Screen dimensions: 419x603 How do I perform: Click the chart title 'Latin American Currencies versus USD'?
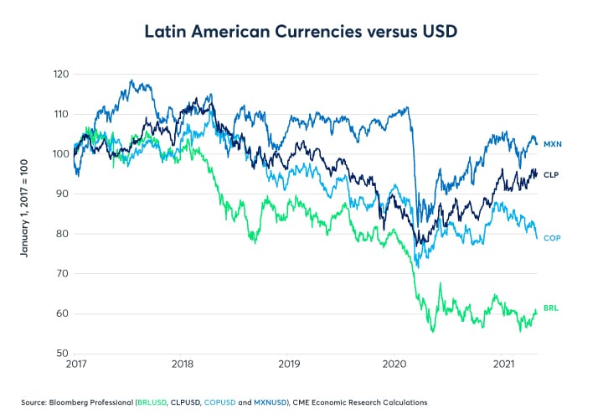[301, 32]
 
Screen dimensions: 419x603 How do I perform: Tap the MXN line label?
[552, 144]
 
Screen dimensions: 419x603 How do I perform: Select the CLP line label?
[551, 174]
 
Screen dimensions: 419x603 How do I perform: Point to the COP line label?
[552, 238]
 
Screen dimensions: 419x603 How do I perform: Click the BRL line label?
[551, 308]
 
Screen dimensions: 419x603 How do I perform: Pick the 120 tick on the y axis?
[59, 74]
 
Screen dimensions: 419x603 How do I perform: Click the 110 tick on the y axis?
[59, 114]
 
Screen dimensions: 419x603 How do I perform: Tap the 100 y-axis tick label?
[59, 154]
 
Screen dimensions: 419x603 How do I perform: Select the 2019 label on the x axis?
[289, 365]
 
